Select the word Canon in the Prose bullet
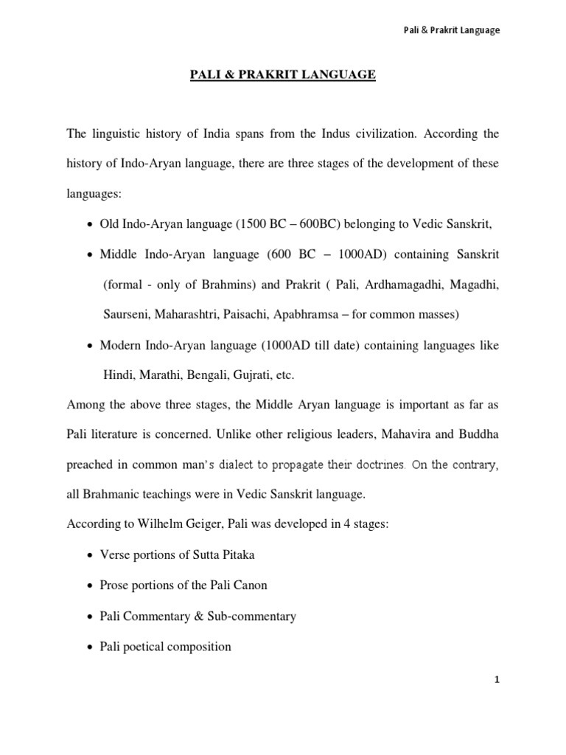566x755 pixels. tap(251, 585)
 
